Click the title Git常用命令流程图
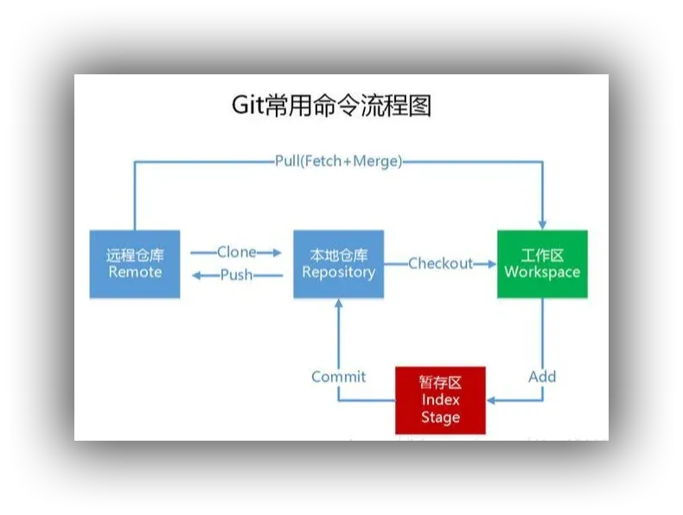pos(331,105)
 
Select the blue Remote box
pos(135,264)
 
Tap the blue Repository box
pos(338,264)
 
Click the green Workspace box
pos(542,264)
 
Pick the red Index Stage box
pos(440,400)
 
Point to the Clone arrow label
pos(236,252)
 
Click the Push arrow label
pos(236,275)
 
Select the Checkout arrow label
pos(440,264)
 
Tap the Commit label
pos(338,377)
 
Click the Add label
pos(542,377)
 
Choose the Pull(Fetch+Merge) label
pos(338,161)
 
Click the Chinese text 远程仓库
pos(135,256)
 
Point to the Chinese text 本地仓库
pos(338,256)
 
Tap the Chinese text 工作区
pos(542,256)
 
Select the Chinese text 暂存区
pos(440,383)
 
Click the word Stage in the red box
pos(440,417)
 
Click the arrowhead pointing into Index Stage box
pos(492,400)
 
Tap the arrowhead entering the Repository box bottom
pos(338,304)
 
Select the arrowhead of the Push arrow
pos(195,276)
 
